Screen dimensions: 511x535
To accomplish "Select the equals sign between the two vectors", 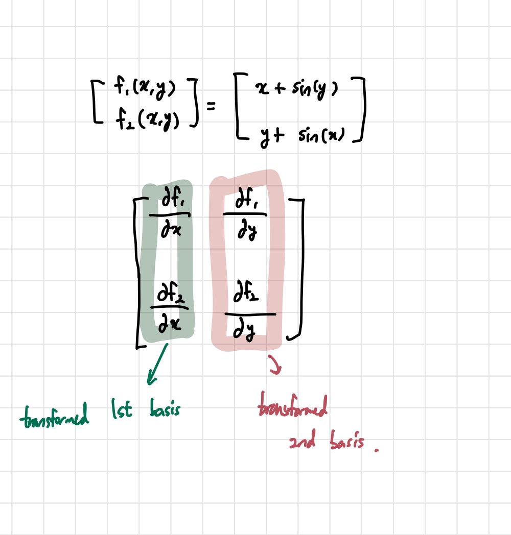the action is pyautogui.click(x=211, y=106).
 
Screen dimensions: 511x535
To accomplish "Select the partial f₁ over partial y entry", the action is pyautogui.click(x=245, y=216).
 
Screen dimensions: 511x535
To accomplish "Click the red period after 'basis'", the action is pyautogui.click(x=377, y=450).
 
